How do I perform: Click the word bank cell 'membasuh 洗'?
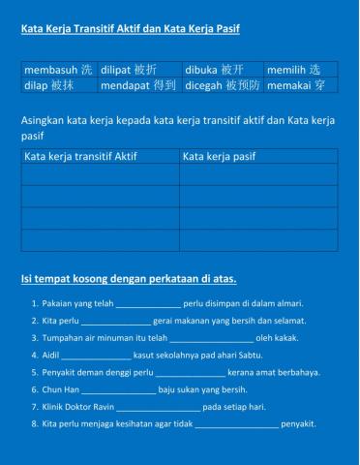click(58, 70)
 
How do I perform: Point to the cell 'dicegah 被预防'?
click(222, 85)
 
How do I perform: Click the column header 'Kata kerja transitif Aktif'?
click(78, 155)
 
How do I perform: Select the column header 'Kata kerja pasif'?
click(219, 155)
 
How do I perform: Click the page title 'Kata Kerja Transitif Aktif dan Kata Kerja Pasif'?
click(131, 29)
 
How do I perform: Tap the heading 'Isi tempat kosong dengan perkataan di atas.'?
click(129, 279)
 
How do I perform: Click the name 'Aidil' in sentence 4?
click(51, 356)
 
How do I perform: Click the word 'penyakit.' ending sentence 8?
click(298, 424)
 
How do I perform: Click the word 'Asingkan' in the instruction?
click(40, 119)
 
